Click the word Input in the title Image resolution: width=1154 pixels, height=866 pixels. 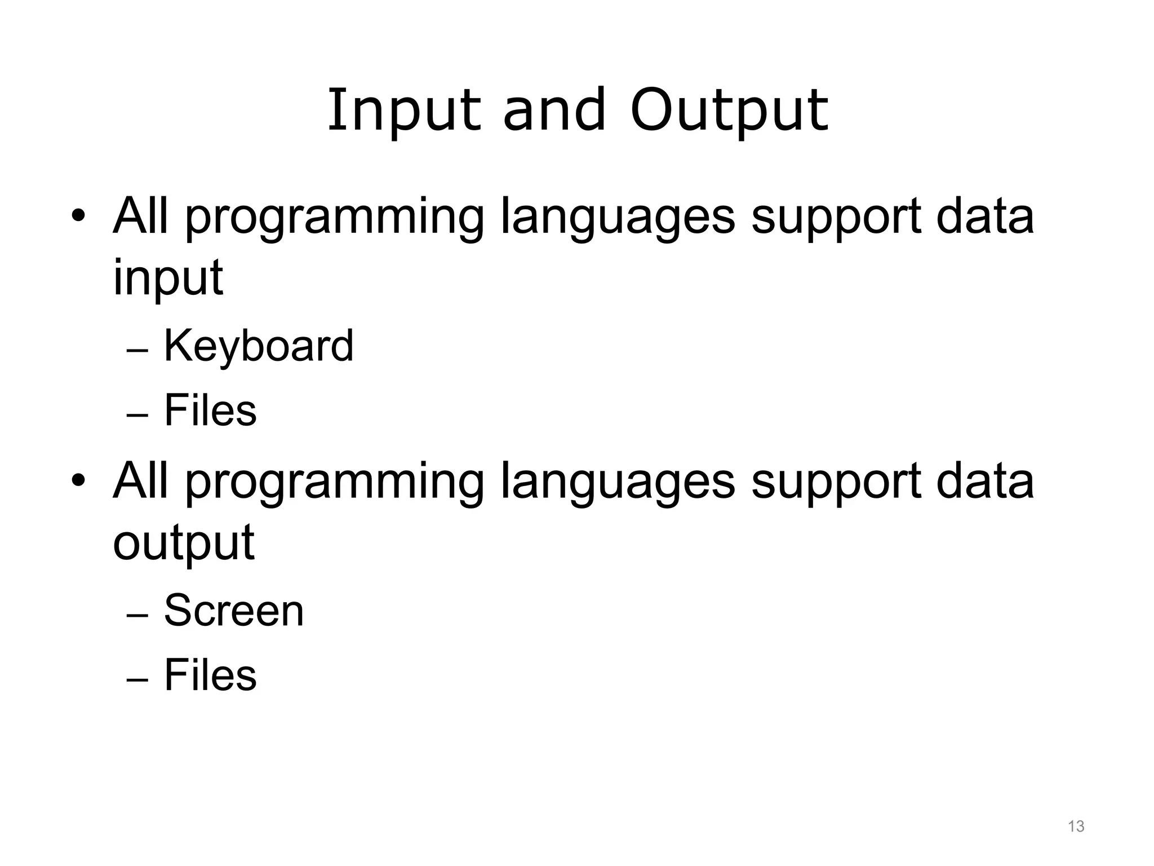[x=403, y=111]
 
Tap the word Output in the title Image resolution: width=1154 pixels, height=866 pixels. [x=729, y=111]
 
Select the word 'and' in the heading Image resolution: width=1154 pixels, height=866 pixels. [x=554, y=111]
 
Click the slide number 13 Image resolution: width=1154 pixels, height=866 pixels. [x=1076, y=827]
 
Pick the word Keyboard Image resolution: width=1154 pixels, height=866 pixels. [x=259, y=346]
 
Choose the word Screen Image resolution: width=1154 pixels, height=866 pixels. [x=234, y=611]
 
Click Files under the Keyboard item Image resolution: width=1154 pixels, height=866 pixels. [x=210, y=410]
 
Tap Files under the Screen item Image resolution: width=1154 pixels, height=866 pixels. [x=210, y=675]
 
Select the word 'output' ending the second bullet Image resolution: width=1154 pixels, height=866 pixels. [x=184, y=542]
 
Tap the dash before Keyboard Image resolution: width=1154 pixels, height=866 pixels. [x=137, y=351]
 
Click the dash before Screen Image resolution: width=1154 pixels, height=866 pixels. [x=137, y=616]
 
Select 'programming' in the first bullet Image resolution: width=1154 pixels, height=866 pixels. [x=334, y=217]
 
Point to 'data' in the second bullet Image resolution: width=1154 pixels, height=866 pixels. [x=985, y=482]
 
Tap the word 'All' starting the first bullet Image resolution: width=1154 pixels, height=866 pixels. [x=141, y=216]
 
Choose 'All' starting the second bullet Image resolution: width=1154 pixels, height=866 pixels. [x=141, y=481]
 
